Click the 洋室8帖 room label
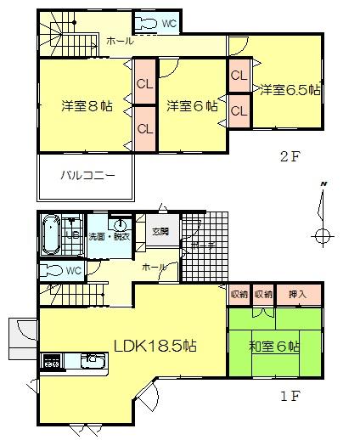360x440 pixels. pyautogui.click(x=86, y=106)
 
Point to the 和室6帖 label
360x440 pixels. pyautogui.click(x=274, y=347)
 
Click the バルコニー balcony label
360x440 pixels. pyautogui.click(x=86, y=177)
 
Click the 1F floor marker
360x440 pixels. pyautogui.click(x=290, y=395)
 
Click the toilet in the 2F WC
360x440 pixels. pyautogui.click(x=147, y=23)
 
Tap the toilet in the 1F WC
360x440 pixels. pyautogui.click(x=53, y=271)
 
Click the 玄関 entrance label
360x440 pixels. pyautogui.click(x=160, y=230)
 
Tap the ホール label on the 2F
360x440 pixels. pyautogui.click(x=119, y=42)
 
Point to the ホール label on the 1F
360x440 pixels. pyautogui.click(x=154, y=267)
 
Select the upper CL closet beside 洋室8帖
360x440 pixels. pyautogui.click(x=143, y=83)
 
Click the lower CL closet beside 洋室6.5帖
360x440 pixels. pyautogui.click(x=239, y=110)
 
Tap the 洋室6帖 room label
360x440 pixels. pyautogui.click(x=191, y=106)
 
